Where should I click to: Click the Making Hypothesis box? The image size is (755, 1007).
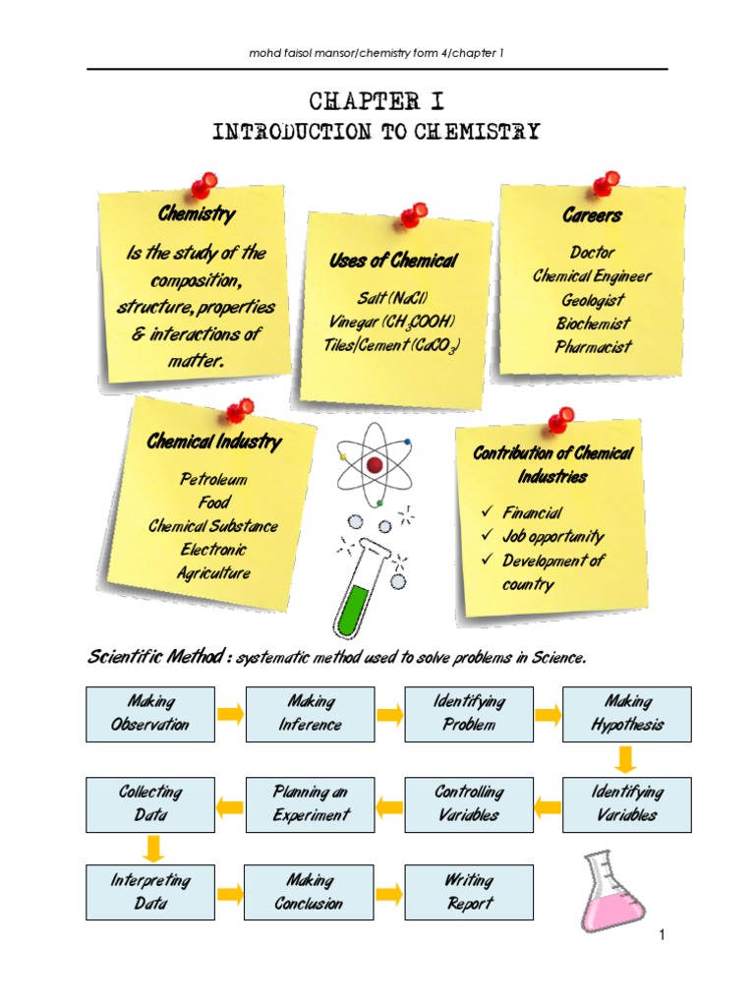click(627, 713)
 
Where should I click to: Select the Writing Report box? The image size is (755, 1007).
click(469, 892)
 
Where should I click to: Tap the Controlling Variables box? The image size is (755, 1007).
click(469, 802)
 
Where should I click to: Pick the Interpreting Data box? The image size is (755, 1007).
click(150, 892)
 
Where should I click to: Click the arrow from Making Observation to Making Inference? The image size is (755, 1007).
click(230, 713)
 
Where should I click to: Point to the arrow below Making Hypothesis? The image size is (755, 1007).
click(627, 759)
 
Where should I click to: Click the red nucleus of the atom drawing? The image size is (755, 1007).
click(374, 464)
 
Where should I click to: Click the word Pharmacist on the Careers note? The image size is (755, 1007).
click(593, 346)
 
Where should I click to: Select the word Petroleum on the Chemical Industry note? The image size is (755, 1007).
click(212, 480)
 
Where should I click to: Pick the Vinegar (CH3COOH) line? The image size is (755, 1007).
click(392, 322)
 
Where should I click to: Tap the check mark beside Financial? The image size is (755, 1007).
click(485, 512)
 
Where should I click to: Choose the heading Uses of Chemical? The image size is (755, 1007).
click(392, 261)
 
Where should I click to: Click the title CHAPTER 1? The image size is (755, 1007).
click(377, 102)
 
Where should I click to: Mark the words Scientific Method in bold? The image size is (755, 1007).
click(154, 657)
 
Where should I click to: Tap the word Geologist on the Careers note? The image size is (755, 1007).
click(593, 300)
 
